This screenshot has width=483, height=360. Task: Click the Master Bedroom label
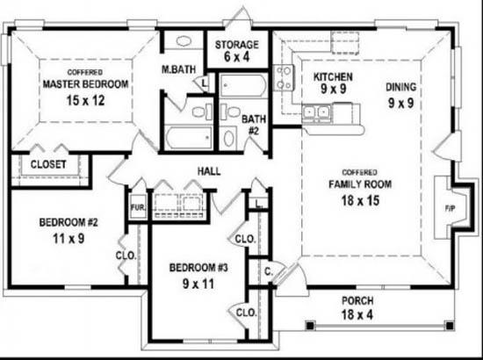tap(85, 84)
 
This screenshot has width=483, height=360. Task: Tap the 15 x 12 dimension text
tap(86, 100)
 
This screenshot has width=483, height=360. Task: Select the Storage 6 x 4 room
tap(236, 50)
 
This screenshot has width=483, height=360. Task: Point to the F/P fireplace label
tap(450, 209)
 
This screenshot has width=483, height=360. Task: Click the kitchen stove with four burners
tap(284, 77)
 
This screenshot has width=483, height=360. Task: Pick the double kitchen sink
tap(316, 112)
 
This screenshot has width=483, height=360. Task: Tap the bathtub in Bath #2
tap(243, 86)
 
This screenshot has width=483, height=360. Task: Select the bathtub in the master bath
tap(189, 138)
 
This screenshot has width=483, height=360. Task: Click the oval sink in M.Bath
tap(184, 41)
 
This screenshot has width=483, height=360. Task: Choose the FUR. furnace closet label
tap(137, 207)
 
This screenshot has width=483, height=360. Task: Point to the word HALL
tap(209, 171)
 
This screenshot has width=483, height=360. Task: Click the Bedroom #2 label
tap(68, 222)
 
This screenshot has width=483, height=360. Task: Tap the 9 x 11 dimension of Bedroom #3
tap(198, 284)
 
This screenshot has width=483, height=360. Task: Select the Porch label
tap(357, 300)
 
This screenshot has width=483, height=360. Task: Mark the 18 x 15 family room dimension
tap(360, 200)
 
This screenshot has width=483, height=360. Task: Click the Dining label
tap(400, 87)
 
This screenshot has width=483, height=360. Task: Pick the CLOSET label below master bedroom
tap(48, 164)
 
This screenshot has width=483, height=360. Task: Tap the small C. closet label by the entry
tap(269, 271)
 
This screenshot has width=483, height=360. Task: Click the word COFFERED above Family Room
tap(359, 172)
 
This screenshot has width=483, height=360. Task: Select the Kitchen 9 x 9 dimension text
tap(334, 89)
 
